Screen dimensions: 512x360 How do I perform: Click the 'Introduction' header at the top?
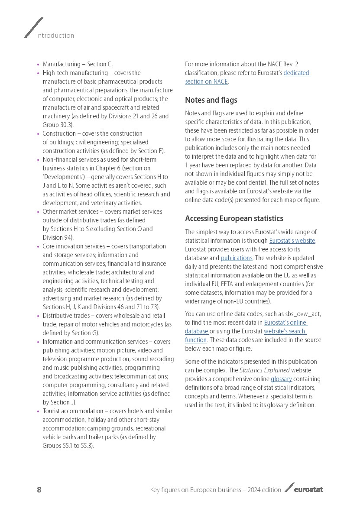pyautogui.click(x=55, y=36)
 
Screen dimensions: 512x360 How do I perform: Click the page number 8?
pyautogui.click(x=39, y=490)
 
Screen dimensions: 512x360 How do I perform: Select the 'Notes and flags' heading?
pyautogui.click(x=211, y=100)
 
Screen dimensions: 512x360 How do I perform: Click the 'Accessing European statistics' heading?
pyautogui.click(x=234, y=218)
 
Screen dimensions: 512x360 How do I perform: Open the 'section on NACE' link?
pyautogui.click(x=206, y=82)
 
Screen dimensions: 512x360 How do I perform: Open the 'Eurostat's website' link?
pyautogui.click(x=292, y=241)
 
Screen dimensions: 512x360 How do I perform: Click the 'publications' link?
pyautogui.click(x=237, y=258)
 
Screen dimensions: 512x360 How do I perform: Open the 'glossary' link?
pyautogui.click(x=281, y=379)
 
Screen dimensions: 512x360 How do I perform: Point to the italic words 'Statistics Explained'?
pyautogui.click(x=264, y=370)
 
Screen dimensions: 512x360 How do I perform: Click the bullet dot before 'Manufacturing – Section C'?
pyautogui.click(x=38, y=65)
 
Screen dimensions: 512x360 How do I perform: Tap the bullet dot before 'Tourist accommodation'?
pyautogui.click(x=38, y=411)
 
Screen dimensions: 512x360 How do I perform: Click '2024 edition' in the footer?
pyautogui.click(x=264, y=490)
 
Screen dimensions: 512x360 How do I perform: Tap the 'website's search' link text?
pyautogui.click(x=285, y=331)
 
